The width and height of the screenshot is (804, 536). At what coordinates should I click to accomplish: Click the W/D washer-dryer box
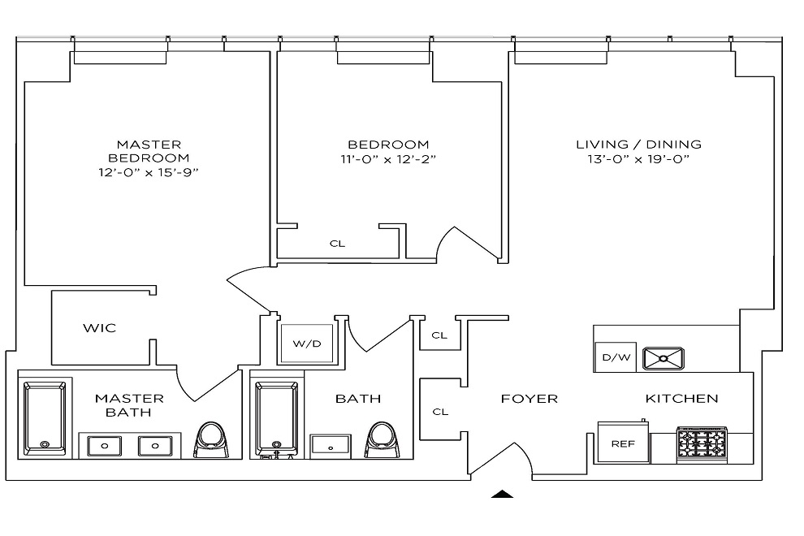[x=307, y=344]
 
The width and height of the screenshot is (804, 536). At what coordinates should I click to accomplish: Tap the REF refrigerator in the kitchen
[x=623, y=443]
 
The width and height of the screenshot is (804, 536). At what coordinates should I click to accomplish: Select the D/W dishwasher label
[x=614, y=357]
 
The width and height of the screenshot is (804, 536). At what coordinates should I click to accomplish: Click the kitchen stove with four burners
[x=702, y=444]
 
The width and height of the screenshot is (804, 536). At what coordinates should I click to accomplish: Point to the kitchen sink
[x=664, y=357]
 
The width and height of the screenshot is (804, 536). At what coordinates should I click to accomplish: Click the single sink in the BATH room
[x=331, y=445]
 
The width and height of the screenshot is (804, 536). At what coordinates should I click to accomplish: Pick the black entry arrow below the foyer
[x=504, y=493]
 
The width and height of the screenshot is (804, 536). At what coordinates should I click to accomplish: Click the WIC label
[x=99, y=328]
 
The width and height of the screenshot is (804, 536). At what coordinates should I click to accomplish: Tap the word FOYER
[x=529, y=399]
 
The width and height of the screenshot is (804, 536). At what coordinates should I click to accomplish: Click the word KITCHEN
[x=681, y=399]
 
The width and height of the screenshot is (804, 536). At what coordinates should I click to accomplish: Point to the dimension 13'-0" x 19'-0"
[x=638, y=160]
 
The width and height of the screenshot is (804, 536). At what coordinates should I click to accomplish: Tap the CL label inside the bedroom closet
[x=338, y=243]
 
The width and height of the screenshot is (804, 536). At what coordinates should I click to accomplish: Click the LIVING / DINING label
[x=638, y=145]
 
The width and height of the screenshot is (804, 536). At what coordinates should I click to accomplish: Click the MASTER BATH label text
[x=129, y=405]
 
